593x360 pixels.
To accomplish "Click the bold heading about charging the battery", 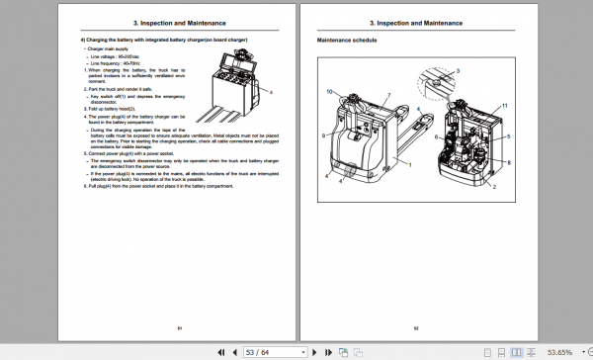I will [x=164, y=39].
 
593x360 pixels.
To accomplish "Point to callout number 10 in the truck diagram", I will [x=330, y=92].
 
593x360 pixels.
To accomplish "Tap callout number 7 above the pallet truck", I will [x=388, y=95].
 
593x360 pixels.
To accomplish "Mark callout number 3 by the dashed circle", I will [x=457, y=72].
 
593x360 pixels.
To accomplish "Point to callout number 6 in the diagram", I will [x=508, y=127].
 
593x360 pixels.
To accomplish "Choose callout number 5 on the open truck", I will [x=508, y=138].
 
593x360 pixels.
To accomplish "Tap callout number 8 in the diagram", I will [x=508, y=161].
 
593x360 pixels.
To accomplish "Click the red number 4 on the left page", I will [x=270, y=91].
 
